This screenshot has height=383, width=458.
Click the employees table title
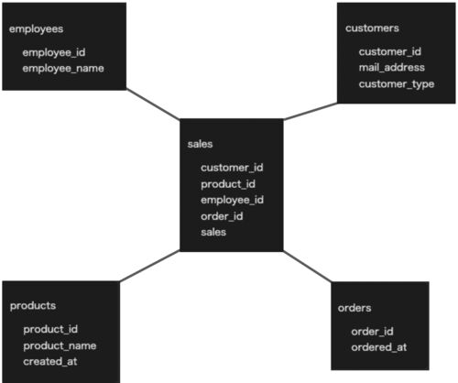(x=36, y=29)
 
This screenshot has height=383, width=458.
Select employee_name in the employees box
(x=63, y=69)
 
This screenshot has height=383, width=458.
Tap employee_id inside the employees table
(x=54, y=52)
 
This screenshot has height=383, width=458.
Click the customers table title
(x=372, y=28)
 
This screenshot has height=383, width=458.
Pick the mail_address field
(x=392, y=67)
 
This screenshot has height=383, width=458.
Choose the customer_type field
(x=397, y=84)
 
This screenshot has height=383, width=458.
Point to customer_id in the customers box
(x=390, y=51)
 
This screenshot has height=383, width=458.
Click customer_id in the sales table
(x=232, y=168)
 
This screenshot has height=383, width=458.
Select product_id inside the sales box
(x=228, y=184)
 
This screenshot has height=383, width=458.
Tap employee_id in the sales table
(x=232, y=200)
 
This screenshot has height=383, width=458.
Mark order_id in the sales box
(x=222, y=216)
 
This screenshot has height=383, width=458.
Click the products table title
(x=33, y=306)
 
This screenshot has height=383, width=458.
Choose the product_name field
(x=60, y=345)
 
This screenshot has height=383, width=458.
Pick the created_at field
(x=50, y=362)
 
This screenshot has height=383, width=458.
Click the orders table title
(x=354, y=308)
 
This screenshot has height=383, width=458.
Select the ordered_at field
(x=379, y=347)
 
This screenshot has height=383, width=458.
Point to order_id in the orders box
(x=372, y=332)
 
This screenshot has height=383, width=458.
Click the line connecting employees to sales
(x=153, y=104)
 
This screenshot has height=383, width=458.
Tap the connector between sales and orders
(x=308, y=267)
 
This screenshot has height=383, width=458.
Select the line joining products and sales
(x=149, y=266)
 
